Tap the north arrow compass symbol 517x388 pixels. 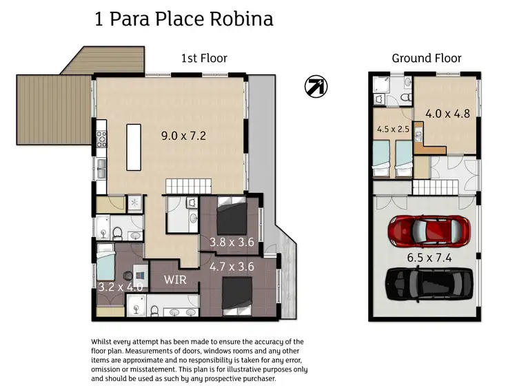[x=316, y=86]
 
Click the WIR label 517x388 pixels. [x=174, y=280]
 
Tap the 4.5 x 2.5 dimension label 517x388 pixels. [x=393, y=129]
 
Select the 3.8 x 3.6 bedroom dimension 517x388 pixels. [x=232, y=242]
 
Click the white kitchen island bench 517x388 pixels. [x=134, y=148]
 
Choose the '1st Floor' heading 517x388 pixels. [x=204, y=59]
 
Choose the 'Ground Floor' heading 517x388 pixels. [x=427, y=59]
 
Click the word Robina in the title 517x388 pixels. [x=244, y=19]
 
